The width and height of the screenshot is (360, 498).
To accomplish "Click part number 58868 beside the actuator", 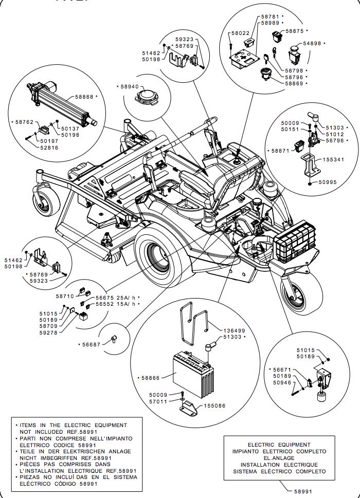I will [84, 96].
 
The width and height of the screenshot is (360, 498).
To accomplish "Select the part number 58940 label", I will [129, 87].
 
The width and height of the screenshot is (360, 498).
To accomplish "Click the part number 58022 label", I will [240, 33].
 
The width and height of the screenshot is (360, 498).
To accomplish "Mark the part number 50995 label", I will [329, 182].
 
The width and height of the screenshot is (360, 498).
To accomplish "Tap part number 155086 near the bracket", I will [214, 405].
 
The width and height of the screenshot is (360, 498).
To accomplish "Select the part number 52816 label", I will [49, 147].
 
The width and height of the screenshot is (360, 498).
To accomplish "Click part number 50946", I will [282, 383].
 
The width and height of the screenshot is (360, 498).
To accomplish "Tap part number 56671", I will [282, 370].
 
